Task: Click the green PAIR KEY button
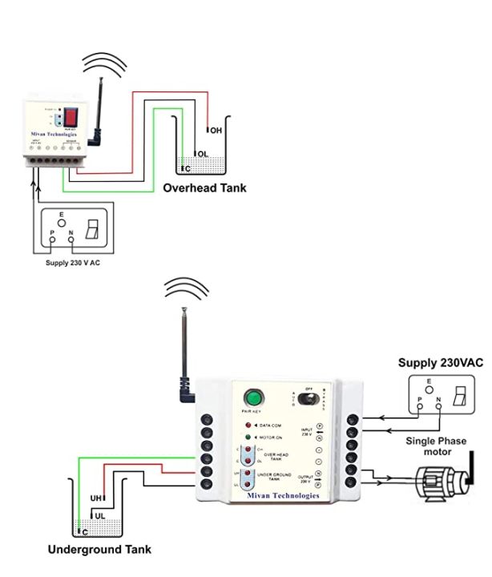click(255, 397)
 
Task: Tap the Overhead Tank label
click(204, 188)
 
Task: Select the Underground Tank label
click(99, 550)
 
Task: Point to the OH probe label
click(216, 131)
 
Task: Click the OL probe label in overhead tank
click(203, 154)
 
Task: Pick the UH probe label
click(95, 498)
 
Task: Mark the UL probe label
click(100, 514)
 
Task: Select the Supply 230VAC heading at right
click(441, 363)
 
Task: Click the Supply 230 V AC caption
click(73, 263)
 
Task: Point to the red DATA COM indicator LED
click(249, 424)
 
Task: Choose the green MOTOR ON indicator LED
click(249, 437)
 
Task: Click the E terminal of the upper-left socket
click(61, 216)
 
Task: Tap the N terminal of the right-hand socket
click(438, 406)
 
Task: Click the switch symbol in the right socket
click(459, 395)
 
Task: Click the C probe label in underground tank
click(83, 531)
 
